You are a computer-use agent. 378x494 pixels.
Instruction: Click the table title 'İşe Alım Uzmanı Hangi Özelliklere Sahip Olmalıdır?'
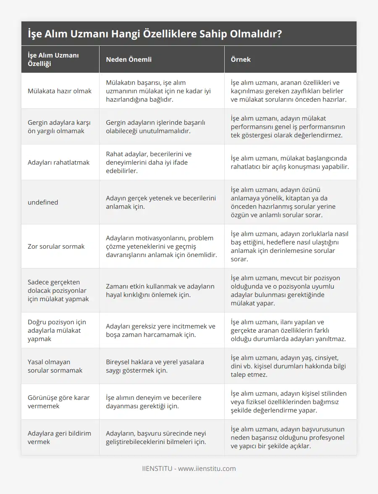pos(155,34)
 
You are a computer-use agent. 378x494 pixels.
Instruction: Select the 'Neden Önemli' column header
pos(129,59)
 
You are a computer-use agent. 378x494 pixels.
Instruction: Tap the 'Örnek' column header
pos(241,59)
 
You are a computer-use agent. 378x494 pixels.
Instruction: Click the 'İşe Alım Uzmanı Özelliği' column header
pos(53,59)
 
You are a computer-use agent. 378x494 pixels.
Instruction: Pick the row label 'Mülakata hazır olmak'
pos(59,91)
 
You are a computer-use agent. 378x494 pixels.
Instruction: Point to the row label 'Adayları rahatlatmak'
pos(58,162)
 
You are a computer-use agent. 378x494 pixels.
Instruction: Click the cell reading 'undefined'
pos(43,202)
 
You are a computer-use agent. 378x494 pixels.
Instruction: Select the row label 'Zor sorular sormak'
pos(56,246)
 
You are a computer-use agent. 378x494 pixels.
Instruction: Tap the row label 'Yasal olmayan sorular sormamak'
pos(55,366)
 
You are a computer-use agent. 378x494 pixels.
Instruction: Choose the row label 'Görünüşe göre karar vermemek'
pos(58,402)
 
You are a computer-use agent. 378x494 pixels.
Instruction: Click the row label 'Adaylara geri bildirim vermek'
pos(59,437)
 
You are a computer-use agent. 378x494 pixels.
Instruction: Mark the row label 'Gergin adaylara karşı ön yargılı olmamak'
pos(58,126)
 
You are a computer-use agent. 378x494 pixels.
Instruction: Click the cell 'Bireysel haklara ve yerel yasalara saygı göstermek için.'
pos(155,366)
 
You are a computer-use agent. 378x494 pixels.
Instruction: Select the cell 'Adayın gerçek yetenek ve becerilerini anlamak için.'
pos(161,202)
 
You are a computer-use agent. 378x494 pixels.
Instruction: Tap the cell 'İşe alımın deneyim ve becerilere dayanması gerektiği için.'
pos(154,402)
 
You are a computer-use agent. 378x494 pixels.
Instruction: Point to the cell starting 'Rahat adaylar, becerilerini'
pos(149,162)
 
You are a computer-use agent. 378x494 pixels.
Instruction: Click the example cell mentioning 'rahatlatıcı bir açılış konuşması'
pos(290,162)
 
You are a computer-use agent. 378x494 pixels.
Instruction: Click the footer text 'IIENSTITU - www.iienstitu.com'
pos(189,468)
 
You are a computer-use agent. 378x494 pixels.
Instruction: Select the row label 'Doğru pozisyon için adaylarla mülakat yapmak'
pos(57,330)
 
